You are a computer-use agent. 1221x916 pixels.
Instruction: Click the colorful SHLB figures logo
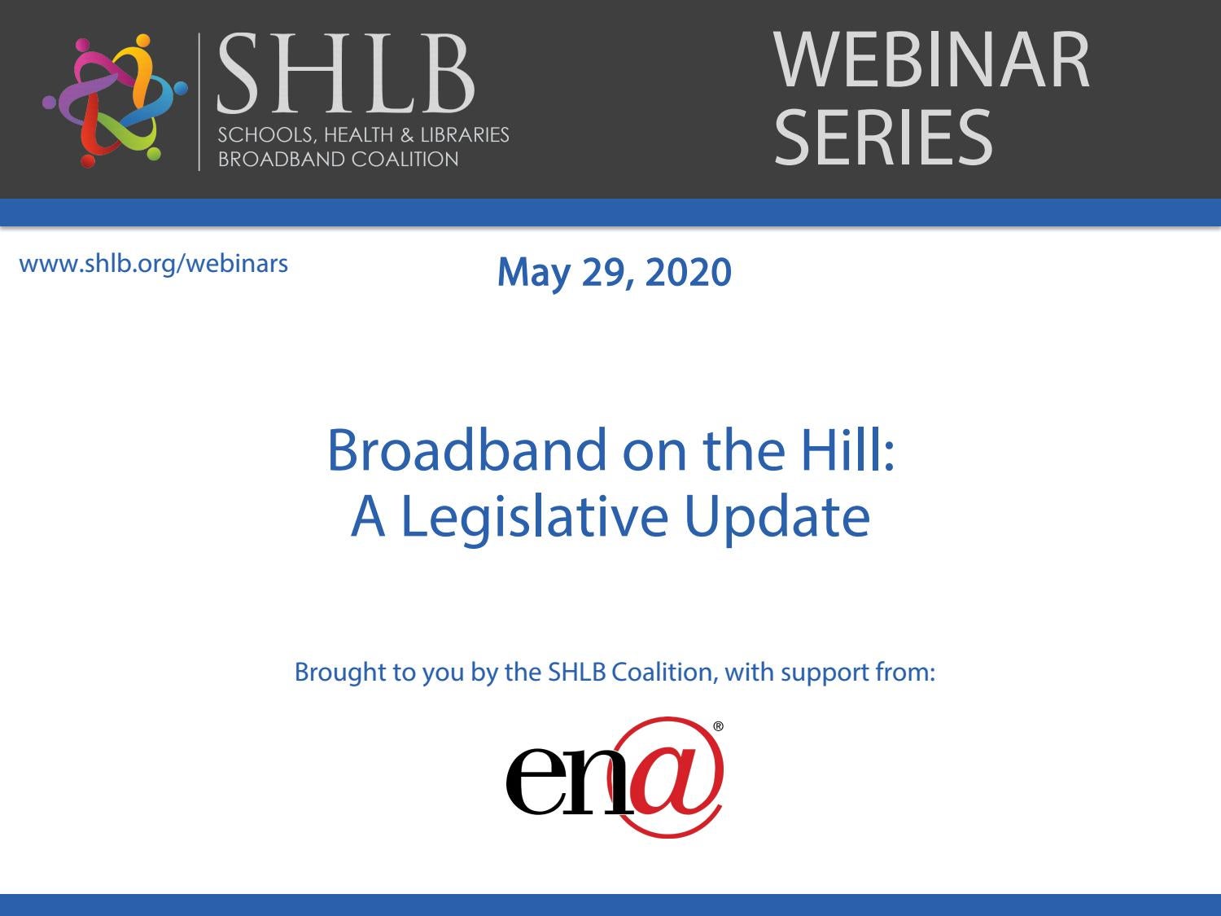click(x=115, y=101)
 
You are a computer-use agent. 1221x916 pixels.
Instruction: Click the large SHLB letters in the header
click(x=346, y=72)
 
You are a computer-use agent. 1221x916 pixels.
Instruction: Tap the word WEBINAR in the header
click(x=931, y=59)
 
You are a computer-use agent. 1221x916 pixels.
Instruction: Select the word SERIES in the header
click(x=883, y=137)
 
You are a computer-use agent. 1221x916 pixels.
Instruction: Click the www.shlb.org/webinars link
click(x=154, y=264)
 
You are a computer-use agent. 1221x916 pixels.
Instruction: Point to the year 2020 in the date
click(x=688, y=273)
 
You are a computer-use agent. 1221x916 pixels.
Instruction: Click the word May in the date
click(x=533, y=274)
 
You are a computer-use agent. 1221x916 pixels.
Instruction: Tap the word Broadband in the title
click(x=466, y=450)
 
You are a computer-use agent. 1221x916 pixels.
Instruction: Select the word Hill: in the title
click(x=847, y=450)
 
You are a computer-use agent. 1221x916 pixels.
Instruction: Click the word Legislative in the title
click(x=534, y=519)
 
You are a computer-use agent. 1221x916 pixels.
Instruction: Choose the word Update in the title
click(x=777, y=519)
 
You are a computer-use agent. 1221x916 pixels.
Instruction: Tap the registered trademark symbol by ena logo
click(x=718, y=726)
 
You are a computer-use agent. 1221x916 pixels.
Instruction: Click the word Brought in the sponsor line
click(x=340, y=673)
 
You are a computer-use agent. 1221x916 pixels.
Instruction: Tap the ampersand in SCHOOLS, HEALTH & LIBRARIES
click(x=407, y=135)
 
